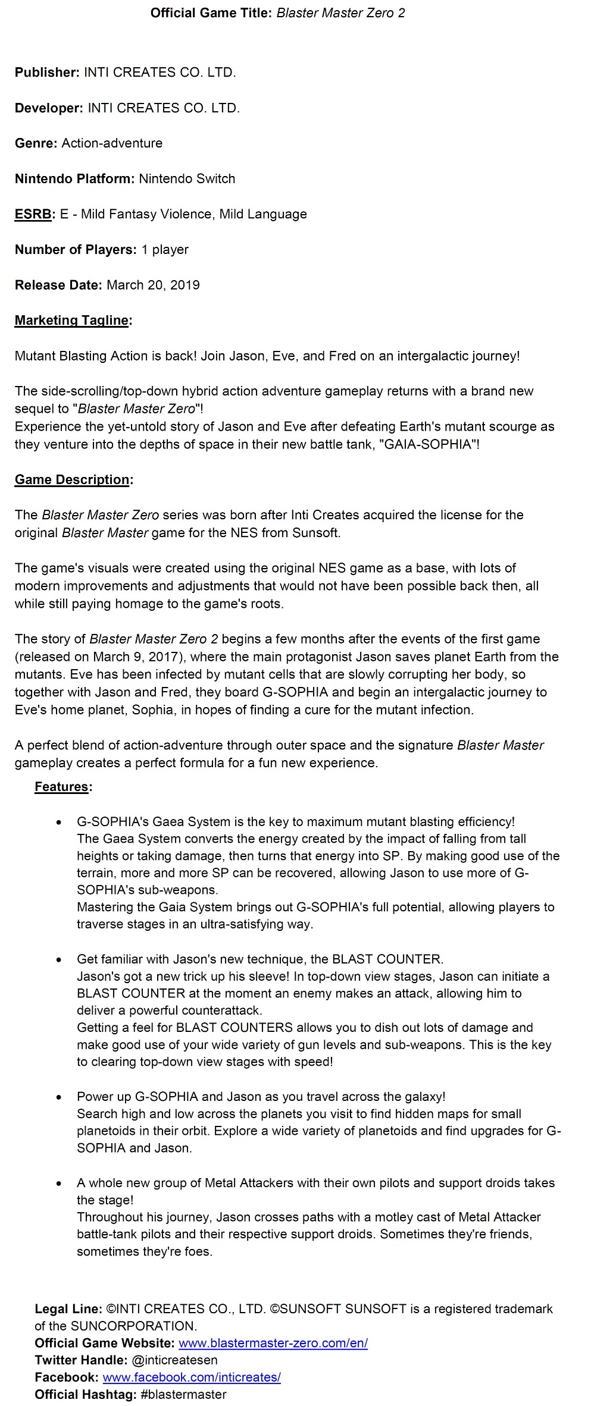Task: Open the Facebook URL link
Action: (191, 1377)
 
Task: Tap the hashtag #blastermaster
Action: (183, 1394)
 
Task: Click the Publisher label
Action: (47, 73)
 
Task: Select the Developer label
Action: (49, 108)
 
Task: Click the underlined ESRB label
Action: (33, 214)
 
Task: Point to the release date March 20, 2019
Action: (153, 285)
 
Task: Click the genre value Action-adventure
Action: (112, 143)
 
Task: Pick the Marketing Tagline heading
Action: (72, 321)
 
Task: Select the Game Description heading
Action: (73, 480)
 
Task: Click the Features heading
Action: (62, 787)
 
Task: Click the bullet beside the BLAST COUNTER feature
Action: (58, 960)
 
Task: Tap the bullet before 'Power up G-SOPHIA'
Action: (58, 1097)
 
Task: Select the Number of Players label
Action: (76, 250)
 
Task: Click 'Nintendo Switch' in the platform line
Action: (187, 179)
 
